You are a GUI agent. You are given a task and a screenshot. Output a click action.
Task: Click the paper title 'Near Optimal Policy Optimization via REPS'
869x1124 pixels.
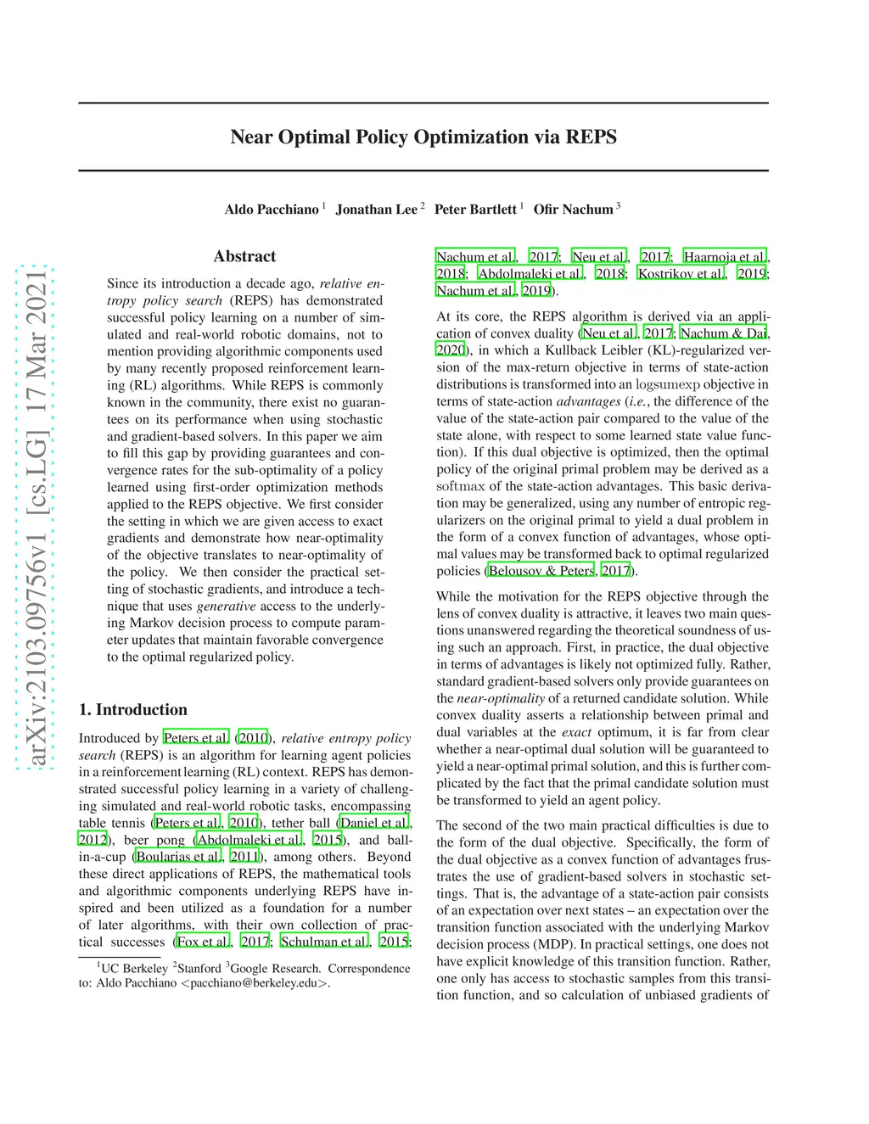423,137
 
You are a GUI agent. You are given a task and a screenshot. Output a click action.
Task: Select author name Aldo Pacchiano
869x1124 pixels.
272,210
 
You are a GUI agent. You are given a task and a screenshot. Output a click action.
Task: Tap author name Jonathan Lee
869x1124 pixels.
377,210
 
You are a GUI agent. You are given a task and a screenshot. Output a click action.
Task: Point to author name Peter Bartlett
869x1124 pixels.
475,210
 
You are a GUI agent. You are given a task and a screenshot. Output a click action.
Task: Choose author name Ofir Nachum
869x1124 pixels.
573,210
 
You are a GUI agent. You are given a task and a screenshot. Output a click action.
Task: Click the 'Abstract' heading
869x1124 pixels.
244,256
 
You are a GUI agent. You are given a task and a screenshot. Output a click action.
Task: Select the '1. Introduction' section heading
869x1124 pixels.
133,710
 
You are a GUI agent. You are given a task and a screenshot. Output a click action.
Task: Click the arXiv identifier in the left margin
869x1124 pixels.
36,517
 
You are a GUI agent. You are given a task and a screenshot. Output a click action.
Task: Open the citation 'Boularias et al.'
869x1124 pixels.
179,857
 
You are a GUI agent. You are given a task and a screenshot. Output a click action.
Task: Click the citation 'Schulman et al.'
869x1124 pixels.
324,942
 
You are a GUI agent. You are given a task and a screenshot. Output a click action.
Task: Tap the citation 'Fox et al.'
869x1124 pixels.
203,942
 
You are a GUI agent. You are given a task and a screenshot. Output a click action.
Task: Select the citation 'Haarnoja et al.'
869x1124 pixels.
726,256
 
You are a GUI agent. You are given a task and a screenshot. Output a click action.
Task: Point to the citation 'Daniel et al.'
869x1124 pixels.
374,823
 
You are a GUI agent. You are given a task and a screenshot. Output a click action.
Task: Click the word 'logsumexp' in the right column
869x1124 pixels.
668,384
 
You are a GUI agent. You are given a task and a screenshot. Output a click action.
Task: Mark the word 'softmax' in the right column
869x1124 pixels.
461,486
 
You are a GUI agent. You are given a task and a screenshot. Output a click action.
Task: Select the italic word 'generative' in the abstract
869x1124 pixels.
226,606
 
